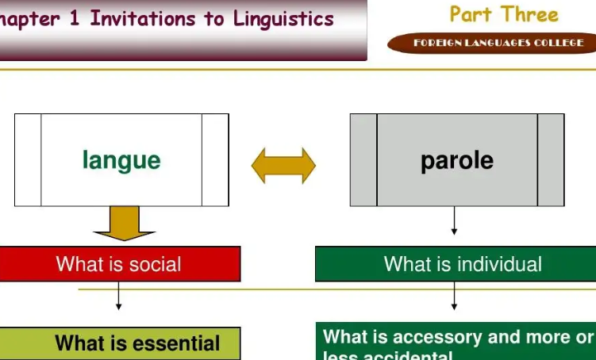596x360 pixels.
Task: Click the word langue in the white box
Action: pos(121,161)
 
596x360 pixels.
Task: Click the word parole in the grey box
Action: pos(457,161)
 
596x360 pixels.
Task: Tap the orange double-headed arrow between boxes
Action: pos(283,166)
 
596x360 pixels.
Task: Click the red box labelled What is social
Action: pos(119,264)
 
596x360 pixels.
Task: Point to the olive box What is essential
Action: pos(119,343)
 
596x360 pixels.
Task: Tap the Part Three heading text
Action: pos(504,14)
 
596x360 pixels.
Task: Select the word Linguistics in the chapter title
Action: pos(283,19)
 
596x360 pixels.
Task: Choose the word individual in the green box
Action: pos(496,264)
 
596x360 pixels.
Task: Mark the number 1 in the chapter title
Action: pos(75,19)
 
